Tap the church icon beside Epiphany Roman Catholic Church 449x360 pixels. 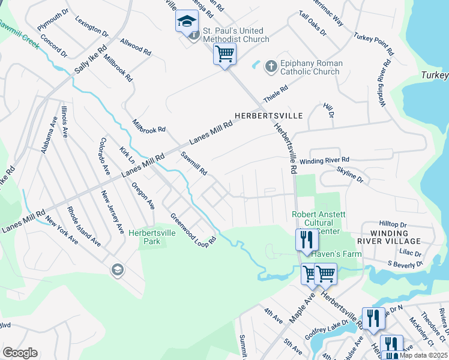click(x=271, y=65)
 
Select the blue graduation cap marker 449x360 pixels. click(x=187, y=21)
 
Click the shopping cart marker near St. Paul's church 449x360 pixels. click(x=224, y=54)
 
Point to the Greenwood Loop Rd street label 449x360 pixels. click(x=193, y=230)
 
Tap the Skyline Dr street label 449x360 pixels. click(x=351, y=176)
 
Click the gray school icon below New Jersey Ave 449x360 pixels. click(x=117, y=271)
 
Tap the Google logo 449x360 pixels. click(x=20, y=353)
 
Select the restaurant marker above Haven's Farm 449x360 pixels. click(x=306, y=240)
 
